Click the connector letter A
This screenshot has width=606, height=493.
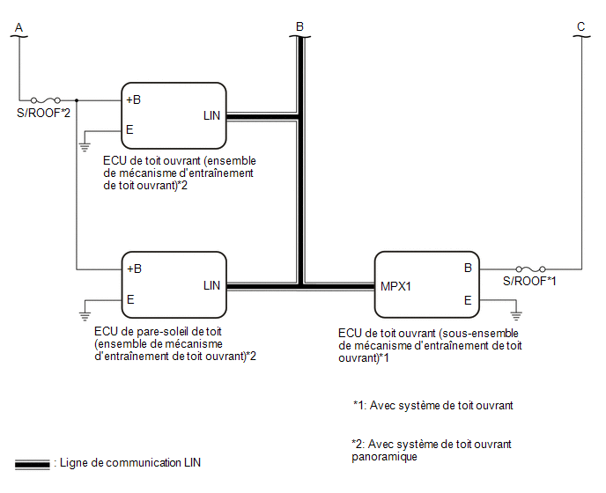click(19, 27)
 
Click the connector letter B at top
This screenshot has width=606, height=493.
click(299, 26)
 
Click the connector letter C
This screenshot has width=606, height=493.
click(580, 26)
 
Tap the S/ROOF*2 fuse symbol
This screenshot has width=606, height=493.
click(46, 100)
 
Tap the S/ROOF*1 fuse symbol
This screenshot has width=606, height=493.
click(531, 269)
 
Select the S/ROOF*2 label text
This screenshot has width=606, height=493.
click(44, 113)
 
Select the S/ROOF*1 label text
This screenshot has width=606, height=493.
click(529, 281)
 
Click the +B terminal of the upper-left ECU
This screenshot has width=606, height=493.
click(133, 99)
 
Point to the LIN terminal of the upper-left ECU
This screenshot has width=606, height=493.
click(211, 115)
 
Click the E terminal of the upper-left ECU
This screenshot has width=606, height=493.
click(129, 129)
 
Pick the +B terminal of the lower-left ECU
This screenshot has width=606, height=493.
click(134, 269)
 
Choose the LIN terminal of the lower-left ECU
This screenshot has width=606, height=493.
click(211, 285)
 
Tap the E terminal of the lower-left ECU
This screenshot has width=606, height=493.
click(130, 299)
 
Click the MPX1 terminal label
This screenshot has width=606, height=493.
click(395, 286)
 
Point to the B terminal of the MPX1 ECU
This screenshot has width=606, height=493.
click(468, 268)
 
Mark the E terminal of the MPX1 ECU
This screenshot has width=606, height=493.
click(468, 300)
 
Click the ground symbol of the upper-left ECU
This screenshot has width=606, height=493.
click(85, 147)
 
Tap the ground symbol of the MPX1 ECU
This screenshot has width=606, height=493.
click(516, 316)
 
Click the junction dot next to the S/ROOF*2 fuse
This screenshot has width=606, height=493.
click(77, 100)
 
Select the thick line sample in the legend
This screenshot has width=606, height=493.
click(33, 465)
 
